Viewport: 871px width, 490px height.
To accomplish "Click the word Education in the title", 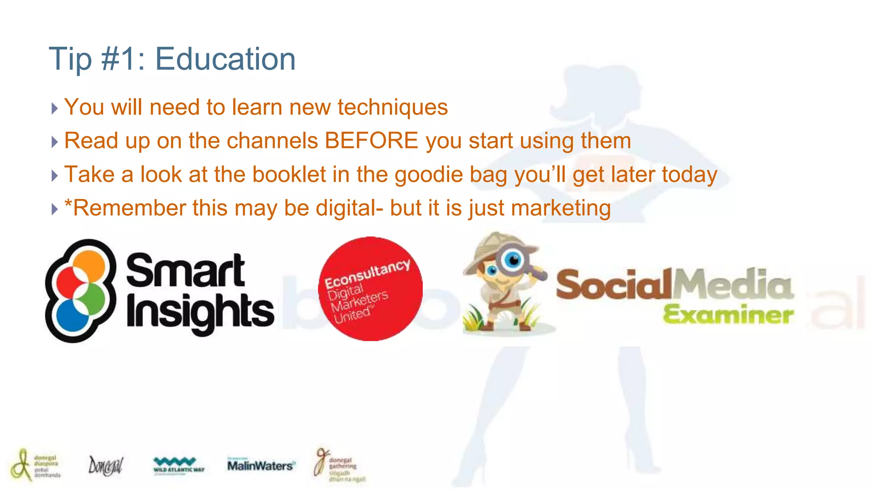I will tap(225, 59).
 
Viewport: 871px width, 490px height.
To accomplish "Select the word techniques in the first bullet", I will tap(393, 107).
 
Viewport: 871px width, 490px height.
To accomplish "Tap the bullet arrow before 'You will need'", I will tap(54, 108).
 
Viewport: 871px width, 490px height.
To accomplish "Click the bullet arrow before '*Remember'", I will tap(54, 209).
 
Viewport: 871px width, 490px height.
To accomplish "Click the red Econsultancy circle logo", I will tap(370, 289).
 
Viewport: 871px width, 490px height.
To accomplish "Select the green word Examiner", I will tap(728, 315).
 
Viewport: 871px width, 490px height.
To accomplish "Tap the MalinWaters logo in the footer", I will tap(261, 465).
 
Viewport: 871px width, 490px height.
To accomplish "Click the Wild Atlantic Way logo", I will tap(179, 465).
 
